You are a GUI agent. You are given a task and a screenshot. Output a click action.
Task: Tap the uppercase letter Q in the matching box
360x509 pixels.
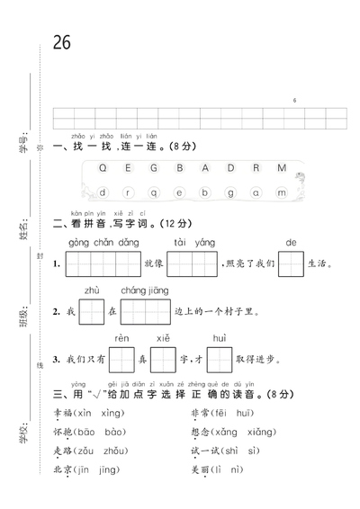103,168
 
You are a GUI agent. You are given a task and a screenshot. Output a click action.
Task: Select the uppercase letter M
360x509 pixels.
281,168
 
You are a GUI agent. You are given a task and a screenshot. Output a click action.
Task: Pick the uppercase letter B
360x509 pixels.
179,168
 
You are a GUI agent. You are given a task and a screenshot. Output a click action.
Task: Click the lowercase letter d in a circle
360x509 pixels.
104,192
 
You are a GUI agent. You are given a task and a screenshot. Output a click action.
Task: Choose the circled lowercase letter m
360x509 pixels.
282,192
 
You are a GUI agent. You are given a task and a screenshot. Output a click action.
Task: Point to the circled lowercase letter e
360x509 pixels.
179,192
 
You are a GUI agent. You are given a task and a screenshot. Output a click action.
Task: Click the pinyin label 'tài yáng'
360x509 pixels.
191,243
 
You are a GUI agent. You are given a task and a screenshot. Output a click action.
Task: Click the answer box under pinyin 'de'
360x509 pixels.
290,264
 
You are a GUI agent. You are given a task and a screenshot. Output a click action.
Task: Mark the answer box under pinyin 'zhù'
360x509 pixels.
91,312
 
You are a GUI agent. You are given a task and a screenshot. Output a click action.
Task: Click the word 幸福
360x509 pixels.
65,414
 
